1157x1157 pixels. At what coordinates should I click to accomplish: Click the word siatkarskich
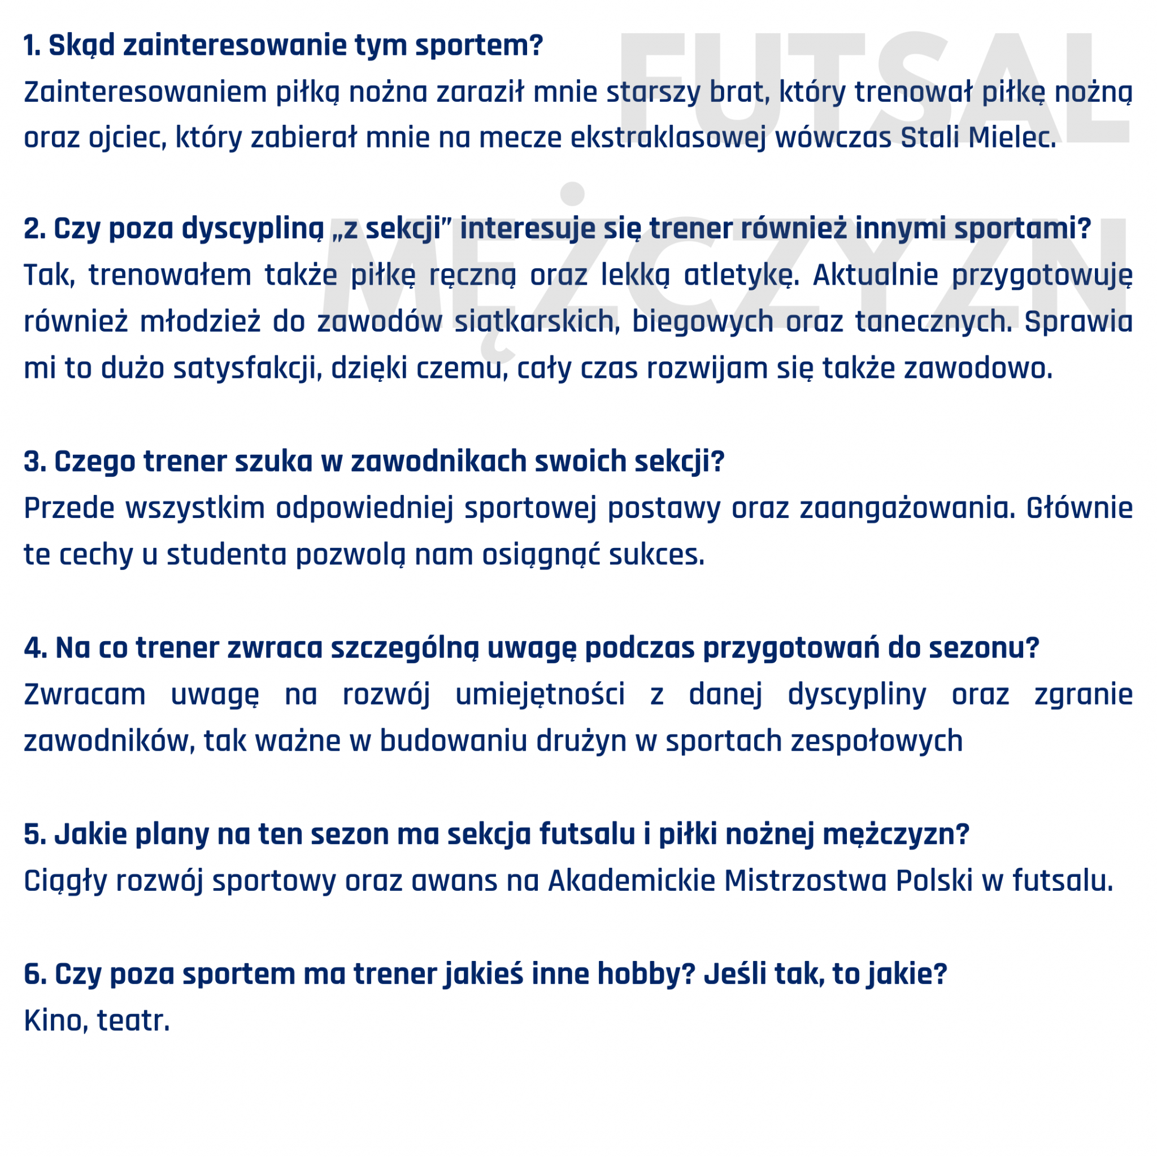pos(537,321)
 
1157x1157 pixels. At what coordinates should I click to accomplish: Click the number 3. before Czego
pos(34,462)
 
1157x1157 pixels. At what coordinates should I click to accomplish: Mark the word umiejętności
pos(540,695)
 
